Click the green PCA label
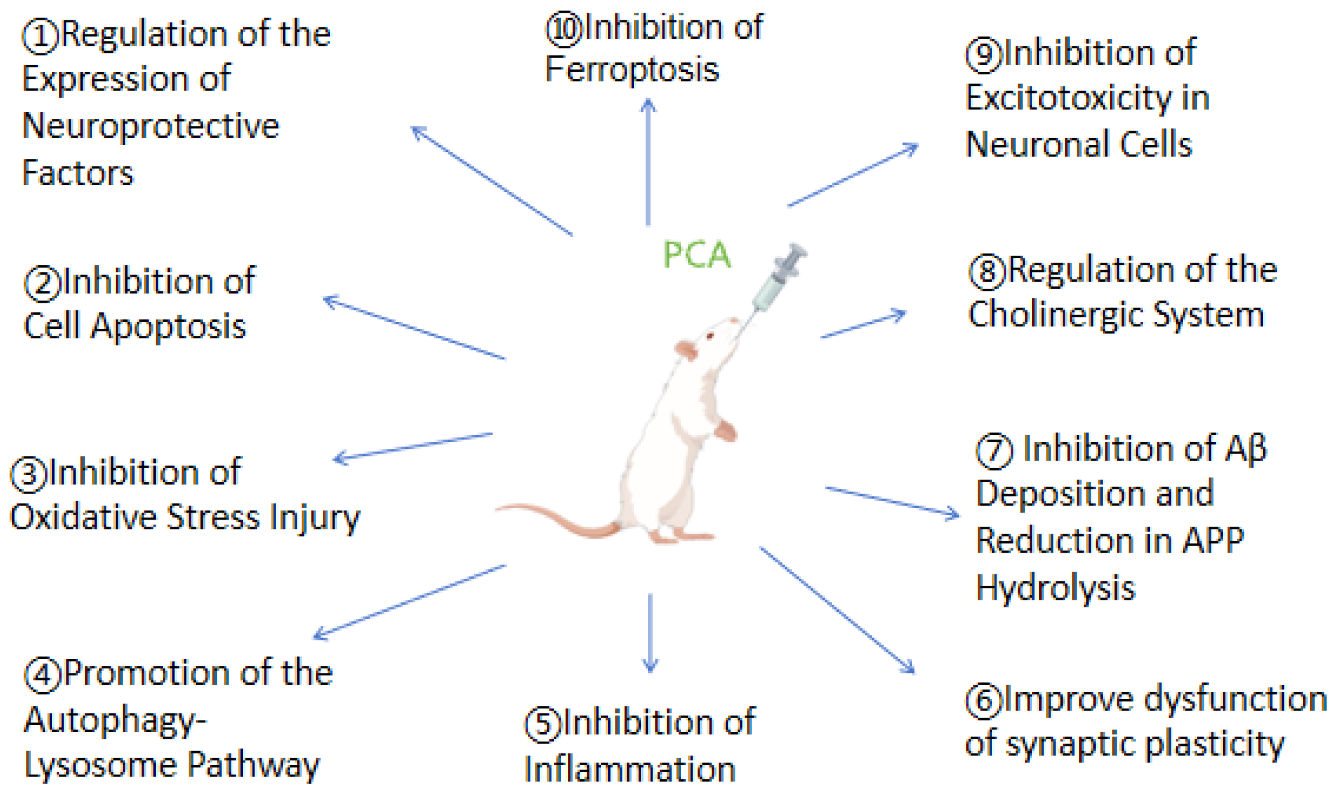point(696,254)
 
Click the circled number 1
point(40,36)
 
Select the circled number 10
point(563,29)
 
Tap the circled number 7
point(994,450)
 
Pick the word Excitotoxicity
point(1068,98)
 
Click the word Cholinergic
point(1055,314)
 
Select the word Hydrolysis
point(1055,588)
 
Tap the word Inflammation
point(630,769)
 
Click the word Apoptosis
point(168,327)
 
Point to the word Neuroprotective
point(151,126)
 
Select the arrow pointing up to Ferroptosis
point(648,162)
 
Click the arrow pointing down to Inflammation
point(649,633)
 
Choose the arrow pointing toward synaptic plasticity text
point(837,609)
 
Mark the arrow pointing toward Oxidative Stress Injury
point(413,446)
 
